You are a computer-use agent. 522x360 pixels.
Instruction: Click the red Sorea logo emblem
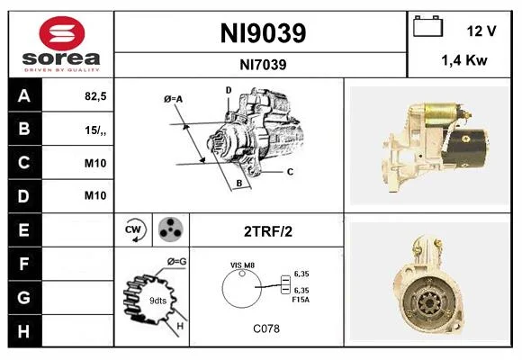click(62, 33)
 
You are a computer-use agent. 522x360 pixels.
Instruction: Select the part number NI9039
click(263, 33)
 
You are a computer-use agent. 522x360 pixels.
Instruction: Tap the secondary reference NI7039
click(263, 65)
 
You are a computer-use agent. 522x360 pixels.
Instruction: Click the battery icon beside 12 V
click(427, 26)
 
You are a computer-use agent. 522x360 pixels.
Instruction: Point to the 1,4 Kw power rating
click(464, 60)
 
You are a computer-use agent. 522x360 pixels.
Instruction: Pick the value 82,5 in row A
click(95, 96)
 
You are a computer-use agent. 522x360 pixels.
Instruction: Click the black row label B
click(25, 129)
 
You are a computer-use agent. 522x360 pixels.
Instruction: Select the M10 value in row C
click(95, 163)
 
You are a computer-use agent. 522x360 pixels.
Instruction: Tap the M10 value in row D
click(95, 195)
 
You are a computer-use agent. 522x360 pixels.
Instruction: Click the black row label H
click(25, 331)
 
